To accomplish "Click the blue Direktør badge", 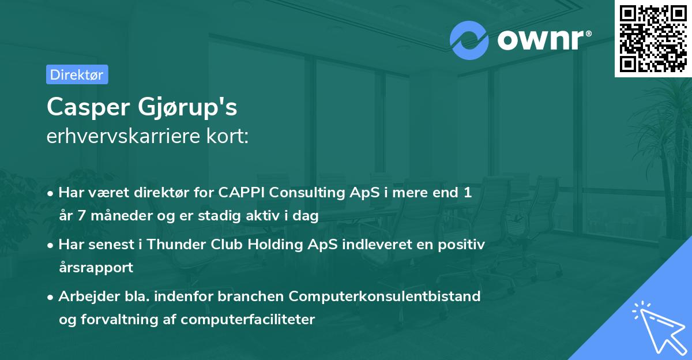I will click(77, 74).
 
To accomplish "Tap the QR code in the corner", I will click(653, 39).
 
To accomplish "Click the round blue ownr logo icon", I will click(469, 40).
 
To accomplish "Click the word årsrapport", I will click(96, 268).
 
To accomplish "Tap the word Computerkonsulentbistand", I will click(385, 297).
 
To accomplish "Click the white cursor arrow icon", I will click(657, 327).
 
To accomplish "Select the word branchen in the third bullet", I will click(253, 297).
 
